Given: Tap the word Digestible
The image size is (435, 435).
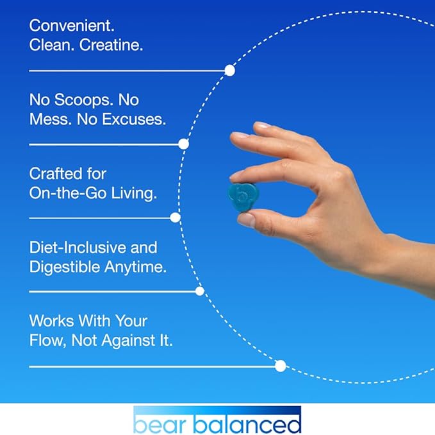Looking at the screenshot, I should click(65, 267).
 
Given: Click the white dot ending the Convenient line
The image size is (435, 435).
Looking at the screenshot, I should click(229, 71).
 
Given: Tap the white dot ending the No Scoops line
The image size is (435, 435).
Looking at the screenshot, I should click(183, 144).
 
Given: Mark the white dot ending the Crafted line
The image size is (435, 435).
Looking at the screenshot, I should click(175, 217).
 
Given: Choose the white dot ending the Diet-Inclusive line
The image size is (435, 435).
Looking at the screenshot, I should click(199, 291).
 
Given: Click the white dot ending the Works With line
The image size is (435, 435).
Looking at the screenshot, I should click(280, 366).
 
